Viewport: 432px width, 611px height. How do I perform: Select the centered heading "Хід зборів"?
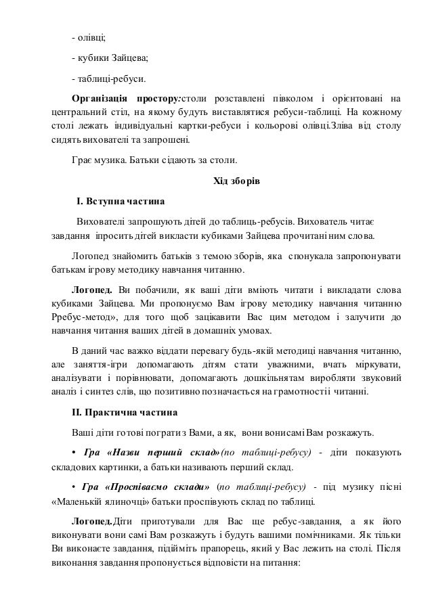pyautogui.click(x=236, y=181)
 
